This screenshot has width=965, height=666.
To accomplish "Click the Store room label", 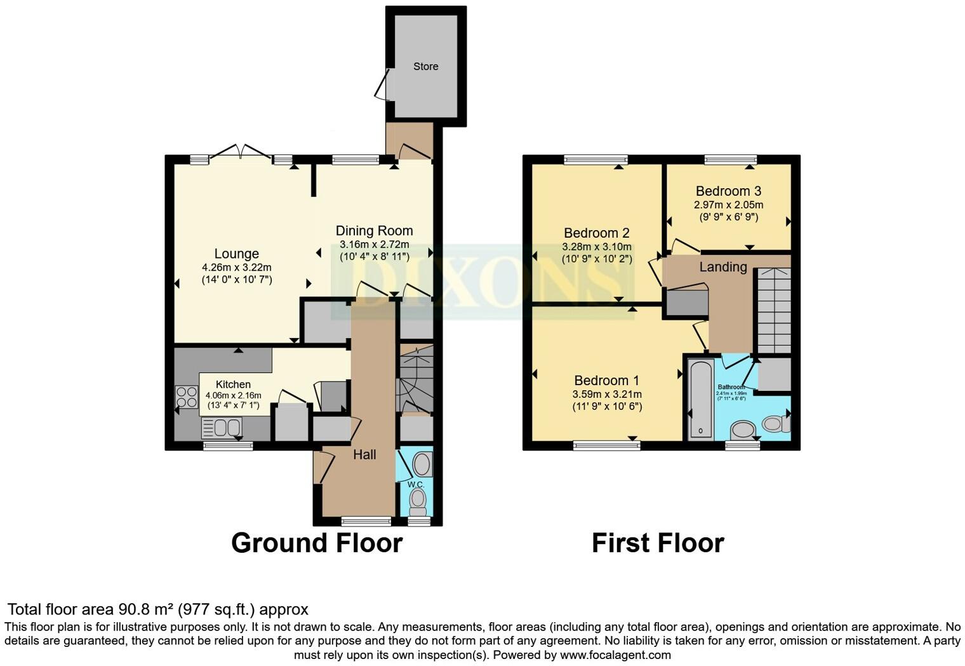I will (x=425, y=67).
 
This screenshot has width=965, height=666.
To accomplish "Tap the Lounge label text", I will (x=236, y=254).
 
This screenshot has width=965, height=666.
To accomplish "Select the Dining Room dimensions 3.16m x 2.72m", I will (x=374, y=245).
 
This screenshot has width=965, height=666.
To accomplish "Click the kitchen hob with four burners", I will (x=187, y=397).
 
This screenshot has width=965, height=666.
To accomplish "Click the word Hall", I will (x=364, y=454).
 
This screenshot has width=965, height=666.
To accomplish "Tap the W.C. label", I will (x=416, y=484).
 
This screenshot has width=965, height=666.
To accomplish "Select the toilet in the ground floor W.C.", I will (x=418, y=505).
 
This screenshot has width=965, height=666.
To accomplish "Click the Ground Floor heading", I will (x=316, y=543).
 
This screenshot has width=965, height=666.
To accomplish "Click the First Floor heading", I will (x=658, y=543).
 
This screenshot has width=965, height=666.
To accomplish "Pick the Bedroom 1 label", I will (x=606, y=381).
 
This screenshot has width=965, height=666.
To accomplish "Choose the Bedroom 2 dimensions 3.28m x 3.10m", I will (x=597, y=247).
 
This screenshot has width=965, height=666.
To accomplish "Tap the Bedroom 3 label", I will (x=728, y=191).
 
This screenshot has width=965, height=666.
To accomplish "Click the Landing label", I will (x=723, y=267).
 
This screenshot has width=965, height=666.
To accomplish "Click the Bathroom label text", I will (x=731, y=387).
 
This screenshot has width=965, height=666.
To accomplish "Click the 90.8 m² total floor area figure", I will (x=146, y=609).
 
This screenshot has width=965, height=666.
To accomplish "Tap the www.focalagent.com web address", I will (x=615, y=655).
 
